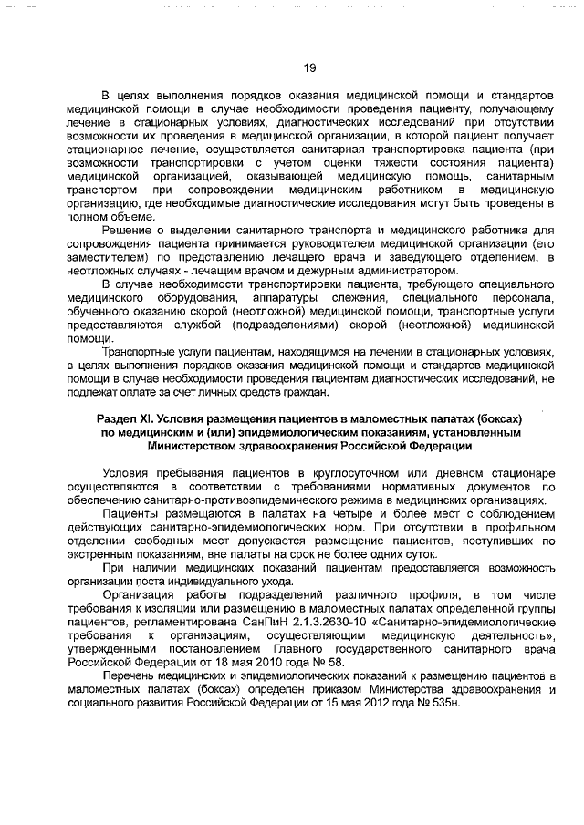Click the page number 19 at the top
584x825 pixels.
point(308,66)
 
